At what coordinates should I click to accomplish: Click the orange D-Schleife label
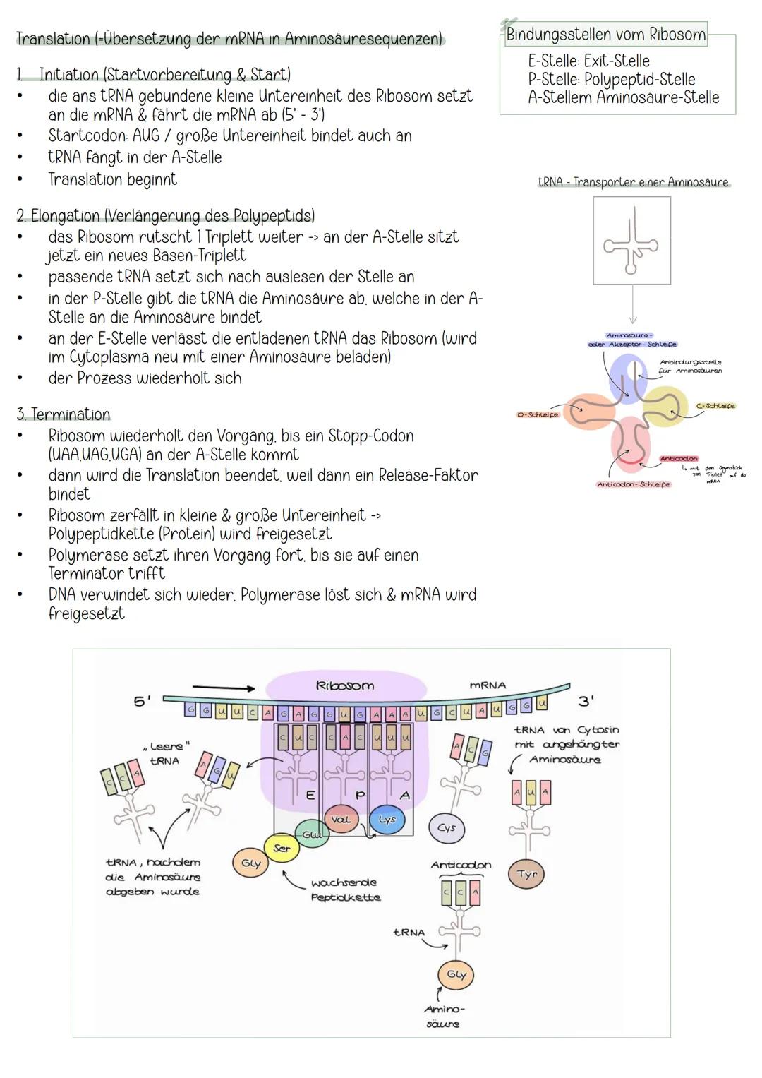click(537, 415)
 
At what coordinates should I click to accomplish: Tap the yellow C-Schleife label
click(715, 406)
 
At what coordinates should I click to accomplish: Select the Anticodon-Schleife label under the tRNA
click(634, 484)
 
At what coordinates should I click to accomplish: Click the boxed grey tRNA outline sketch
click(631, 241)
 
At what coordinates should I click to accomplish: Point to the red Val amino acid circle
click(341, 820)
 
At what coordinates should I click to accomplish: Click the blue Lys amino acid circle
click(387, 820)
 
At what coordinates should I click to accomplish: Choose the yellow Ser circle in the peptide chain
click(282, 849)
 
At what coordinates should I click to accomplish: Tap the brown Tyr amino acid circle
click(527, 874)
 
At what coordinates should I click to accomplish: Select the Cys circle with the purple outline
click(447, 827)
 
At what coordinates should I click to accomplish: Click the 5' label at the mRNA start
click(142, 701)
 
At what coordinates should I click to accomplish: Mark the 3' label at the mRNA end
click(586, 700)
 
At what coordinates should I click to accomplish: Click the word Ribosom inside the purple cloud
click(345, 685)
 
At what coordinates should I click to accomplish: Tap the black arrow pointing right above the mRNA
click(223, 688)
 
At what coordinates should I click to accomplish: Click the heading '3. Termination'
click(64, 414)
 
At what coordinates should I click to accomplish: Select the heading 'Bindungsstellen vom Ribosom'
click(605, 35)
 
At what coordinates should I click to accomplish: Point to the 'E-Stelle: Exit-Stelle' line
click(588, 61)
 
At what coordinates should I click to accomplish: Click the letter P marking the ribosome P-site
click(360, 796)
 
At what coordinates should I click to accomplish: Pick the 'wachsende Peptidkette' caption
click(345, 890)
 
